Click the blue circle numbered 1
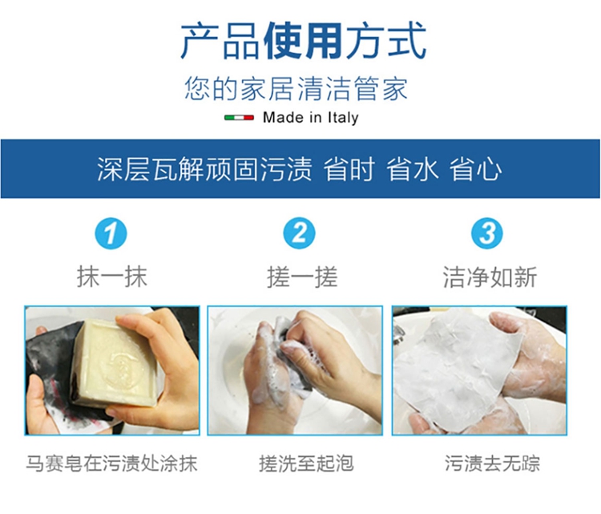[111, 233]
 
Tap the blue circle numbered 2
[299, 233]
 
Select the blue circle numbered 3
[486, 233]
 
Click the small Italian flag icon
[239, 117]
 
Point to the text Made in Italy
[310, 117]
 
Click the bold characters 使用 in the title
[303, 41]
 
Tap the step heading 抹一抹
[112, 277]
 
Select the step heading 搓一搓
[302, 277]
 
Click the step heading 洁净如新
[490, 277]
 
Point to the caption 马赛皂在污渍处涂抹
[111, 463]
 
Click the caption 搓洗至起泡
[306, 463]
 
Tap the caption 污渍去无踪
[492, 463]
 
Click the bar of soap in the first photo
[115, 363]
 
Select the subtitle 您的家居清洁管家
[296, 89]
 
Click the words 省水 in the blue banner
[412, 168]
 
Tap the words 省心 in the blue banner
[475, 168]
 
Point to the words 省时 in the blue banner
[349, 168]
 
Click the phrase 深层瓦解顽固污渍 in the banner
[204, 168]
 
